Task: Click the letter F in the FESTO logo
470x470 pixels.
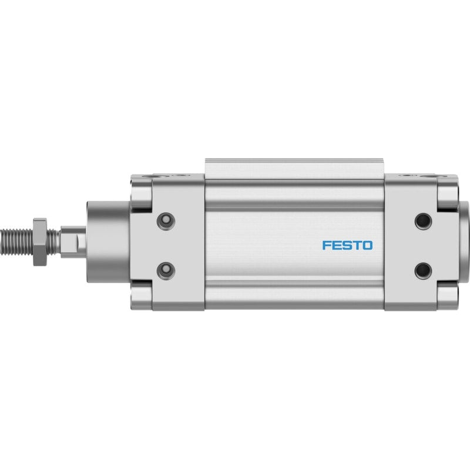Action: [326, 245]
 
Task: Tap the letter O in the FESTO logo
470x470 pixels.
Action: [368, 245]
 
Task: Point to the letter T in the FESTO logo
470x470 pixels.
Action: [357, 245]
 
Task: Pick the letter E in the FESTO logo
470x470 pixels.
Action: [336, 245]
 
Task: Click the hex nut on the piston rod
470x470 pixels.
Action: [40, 242]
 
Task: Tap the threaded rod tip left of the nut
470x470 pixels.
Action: [16, 242]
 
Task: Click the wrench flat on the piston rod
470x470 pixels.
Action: [73, 242]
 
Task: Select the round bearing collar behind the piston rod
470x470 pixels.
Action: [109, 242]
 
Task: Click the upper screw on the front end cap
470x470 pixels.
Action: [166, 221]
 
